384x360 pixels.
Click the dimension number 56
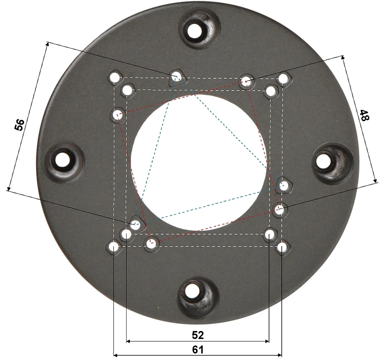tap(19, 125)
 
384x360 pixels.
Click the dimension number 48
tap(364, 115)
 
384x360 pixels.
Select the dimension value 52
tap(198, 335)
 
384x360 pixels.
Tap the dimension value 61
tap(198, 350)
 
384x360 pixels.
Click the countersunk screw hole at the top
tap(195, 31)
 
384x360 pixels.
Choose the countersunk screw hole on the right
tap(324, 161)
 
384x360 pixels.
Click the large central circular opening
tap(199, 163)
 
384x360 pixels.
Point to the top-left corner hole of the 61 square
tap(114, 78)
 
